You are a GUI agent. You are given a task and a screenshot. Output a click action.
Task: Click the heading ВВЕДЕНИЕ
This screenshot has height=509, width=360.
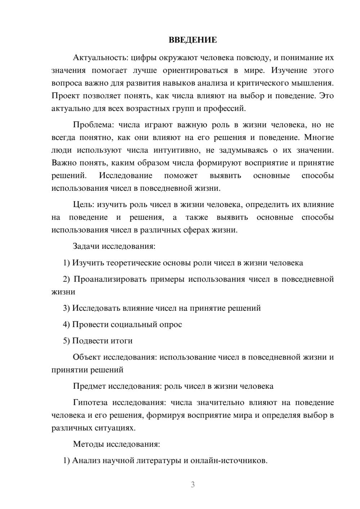click(x=193, y=40)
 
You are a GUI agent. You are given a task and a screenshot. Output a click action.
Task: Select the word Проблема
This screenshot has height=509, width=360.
click(x=93, y=125)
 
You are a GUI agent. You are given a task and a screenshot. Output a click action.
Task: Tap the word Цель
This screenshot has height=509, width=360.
click(x=83, y=204)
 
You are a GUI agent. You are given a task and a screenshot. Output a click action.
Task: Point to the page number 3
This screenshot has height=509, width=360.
click(x=193, y=485)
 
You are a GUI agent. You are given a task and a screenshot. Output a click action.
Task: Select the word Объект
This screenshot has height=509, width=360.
click(x=86, y=357)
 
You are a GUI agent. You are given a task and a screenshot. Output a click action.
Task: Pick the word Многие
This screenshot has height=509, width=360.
click(x=319, y=138)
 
